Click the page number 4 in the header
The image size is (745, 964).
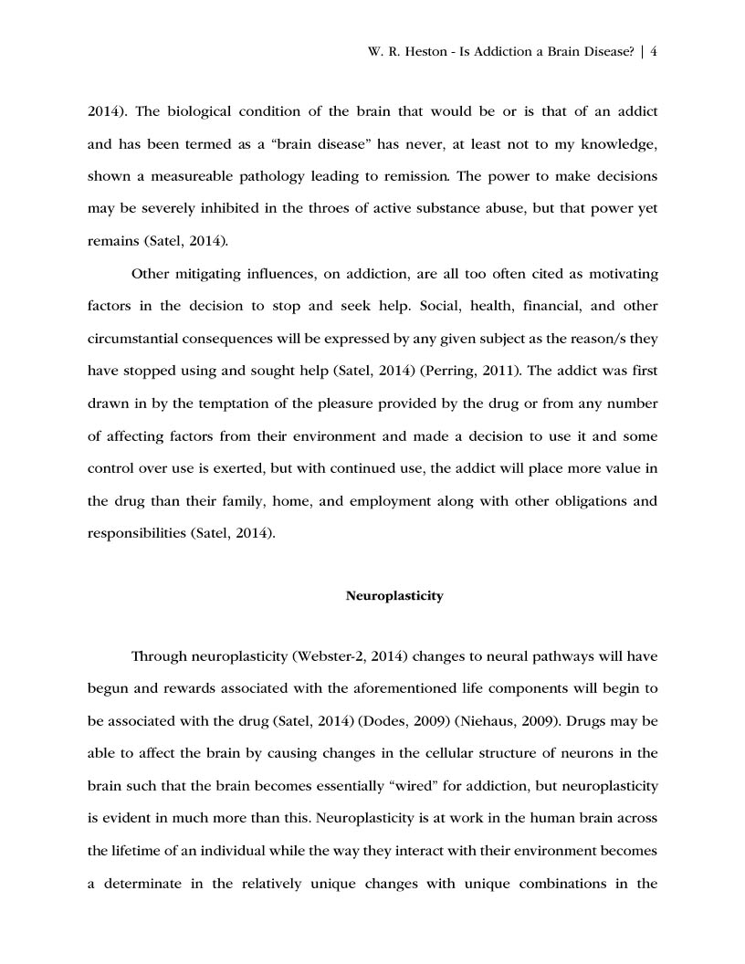(654, 52)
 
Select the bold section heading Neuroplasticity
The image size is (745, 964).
(394, 596)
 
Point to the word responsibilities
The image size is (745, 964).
(136, 533)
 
